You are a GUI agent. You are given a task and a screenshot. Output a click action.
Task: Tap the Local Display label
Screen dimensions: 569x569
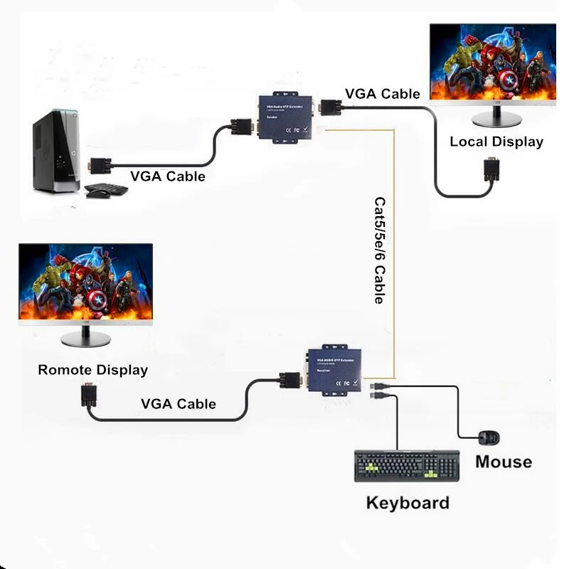(496, 142)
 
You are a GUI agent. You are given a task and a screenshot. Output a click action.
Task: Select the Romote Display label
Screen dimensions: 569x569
(92, 370)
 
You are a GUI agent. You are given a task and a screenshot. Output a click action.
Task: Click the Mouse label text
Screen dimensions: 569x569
(504, 462)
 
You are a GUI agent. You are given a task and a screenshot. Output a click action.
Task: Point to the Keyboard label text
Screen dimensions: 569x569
(408, 503)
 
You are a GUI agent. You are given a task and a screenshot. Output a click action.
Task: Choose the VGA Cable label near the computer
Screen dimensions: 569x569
(167, 176)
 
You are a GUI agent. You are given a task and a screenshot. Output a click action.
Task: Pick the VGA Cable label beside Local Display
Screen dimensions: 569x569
(383, 94)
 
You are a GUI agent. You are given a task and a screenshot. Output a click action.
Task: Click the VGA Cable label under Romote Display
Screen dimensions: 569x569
(178, 404)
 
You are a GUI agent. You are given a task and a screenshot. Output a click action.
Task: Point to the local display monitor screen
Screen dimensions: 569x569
(493, 63)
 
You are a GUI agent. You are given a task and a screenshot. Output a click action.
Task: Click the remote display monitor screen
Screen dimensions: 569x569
(85, 283)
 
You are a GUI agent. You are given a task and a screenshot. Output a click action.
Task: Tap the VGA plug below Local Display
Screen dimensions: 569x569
(490, 171)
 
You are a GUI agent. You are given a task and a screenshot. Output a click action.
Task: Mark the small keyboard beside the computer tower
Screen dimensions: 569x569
(106, 190)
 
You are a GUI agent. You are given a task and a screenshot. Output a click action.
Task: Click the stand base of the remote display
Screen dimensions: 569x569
(85, 340)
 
